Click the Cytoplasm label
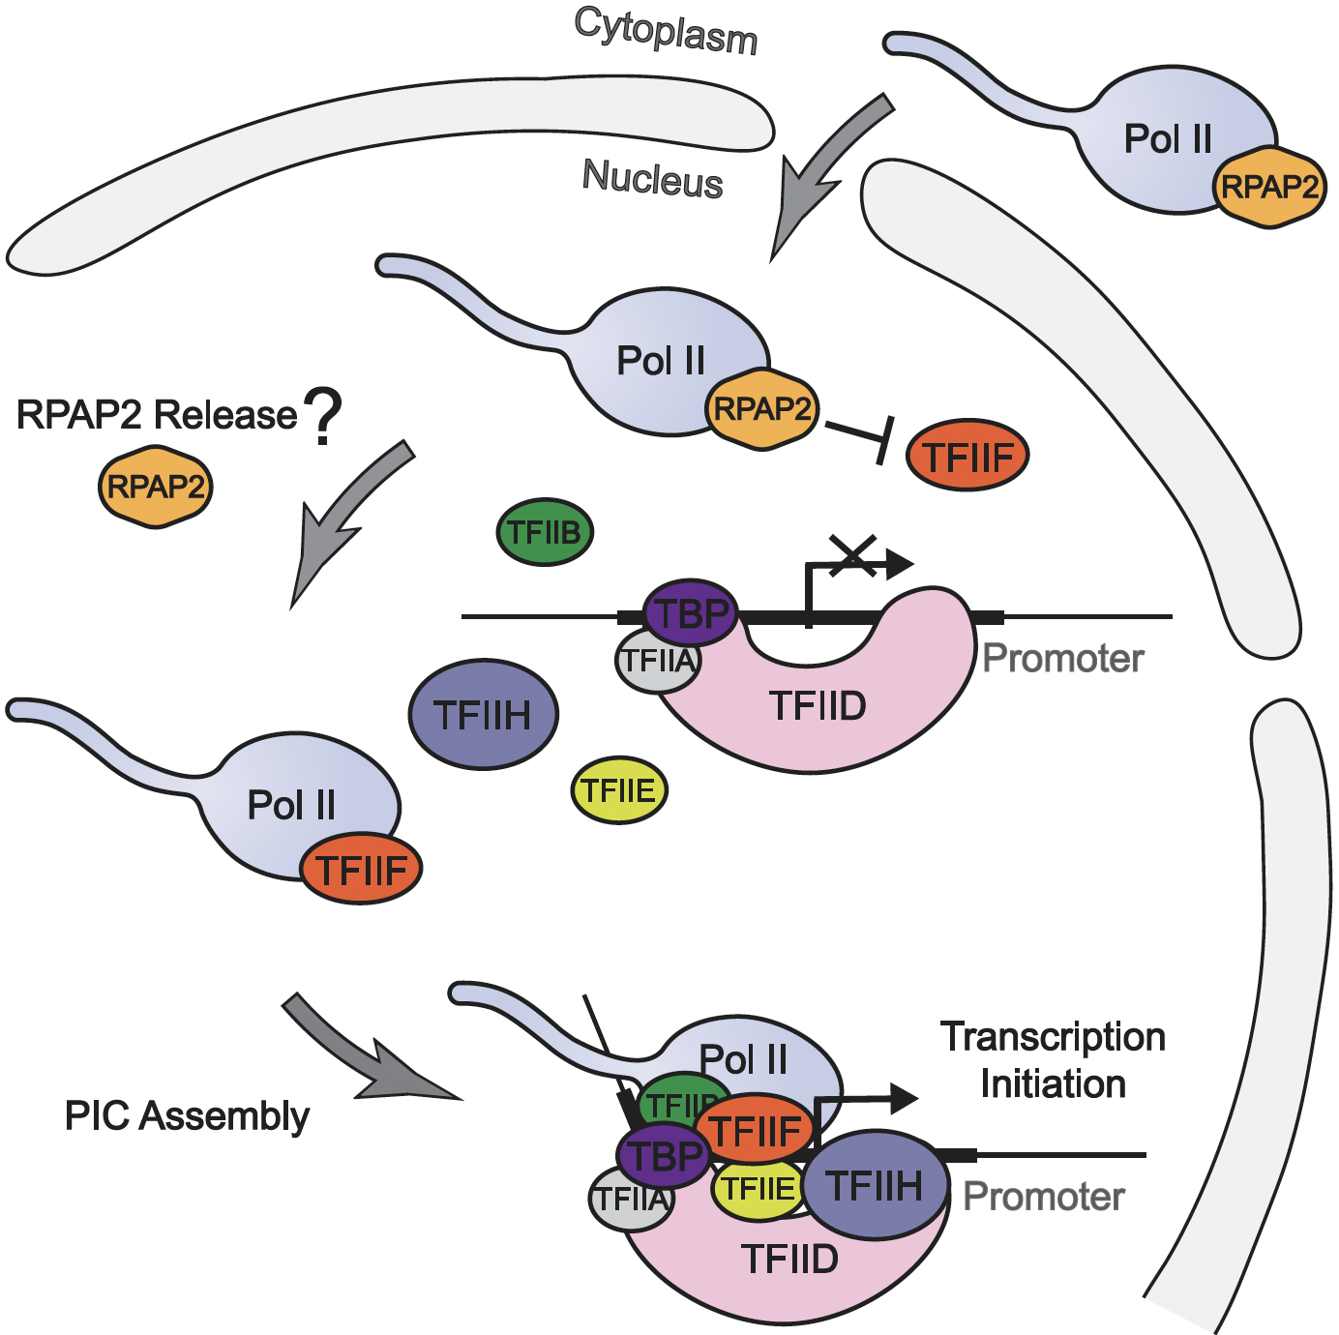point(666,31)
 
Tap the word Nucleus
point(653,179)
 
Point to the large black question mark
point(323,416)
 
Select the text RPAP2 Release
point(157,415)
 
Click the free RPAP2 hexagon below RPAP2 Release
point(155,487)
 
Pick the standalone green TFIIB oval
point(545,532)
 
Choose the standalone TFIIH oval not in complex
point(483,715)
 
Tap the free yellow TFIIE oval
point(619,790)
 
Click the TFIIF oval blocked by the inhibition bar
point(967,456)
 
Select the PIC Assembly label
point(187,1116)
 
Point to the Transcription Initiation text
point(1053,1060)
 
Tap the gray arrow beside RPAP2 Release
point(343,522)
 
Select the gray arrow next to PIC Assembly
point(368,1054)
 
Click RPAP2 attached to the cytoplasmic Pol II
point(1269,187)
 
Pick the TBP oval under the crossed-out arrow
point(691,612)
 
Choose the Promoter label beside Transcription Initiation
point(1043,1198)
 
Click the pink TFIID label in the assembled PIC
point(789,1260)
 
